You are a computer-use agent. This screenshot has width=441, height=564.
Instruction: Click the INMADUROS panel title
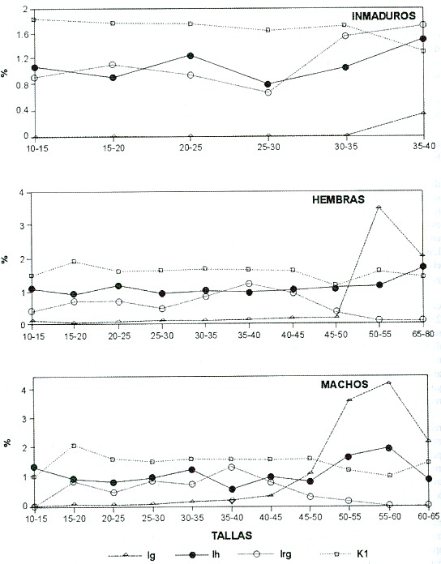[383, 16]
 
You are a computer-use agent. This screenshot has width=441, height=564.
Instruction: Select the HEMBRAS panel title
[338, 199]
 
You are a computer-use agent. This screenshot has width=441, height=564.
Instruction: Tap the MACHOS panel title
[345, 384]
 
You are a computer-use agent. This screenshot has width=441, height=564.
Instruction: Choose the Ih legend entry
[197, 555]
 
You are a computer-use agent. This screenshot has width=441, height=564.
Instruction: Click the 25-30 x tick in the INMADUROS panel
[268, 147]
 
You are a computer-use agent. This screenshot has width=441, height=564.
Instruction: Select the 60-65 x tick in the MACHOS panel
[428, 518]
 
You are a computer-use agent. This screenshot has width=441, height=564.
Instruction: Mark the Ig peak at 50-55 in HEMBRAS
[379, 207]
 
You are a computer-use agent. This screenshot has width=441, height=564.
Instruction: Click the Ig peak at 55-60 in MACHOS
[388, 382]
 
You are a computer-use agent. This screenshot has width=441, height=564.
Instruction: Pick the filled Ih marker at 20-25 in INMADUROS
[191, 56]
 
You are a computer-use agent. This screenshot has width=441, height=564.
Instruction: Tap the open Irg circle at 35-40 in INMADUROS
[423, 24]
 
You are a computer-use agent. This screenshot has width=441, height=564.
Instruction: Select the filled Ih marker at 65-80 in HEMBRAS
[423, 266]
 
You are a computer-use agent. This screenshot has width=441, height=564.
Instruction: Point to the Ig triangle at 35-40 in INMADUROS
[423, 113]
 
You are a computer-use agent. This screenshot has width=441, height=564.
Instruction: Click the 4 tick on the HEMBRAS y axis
[22, 193]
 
